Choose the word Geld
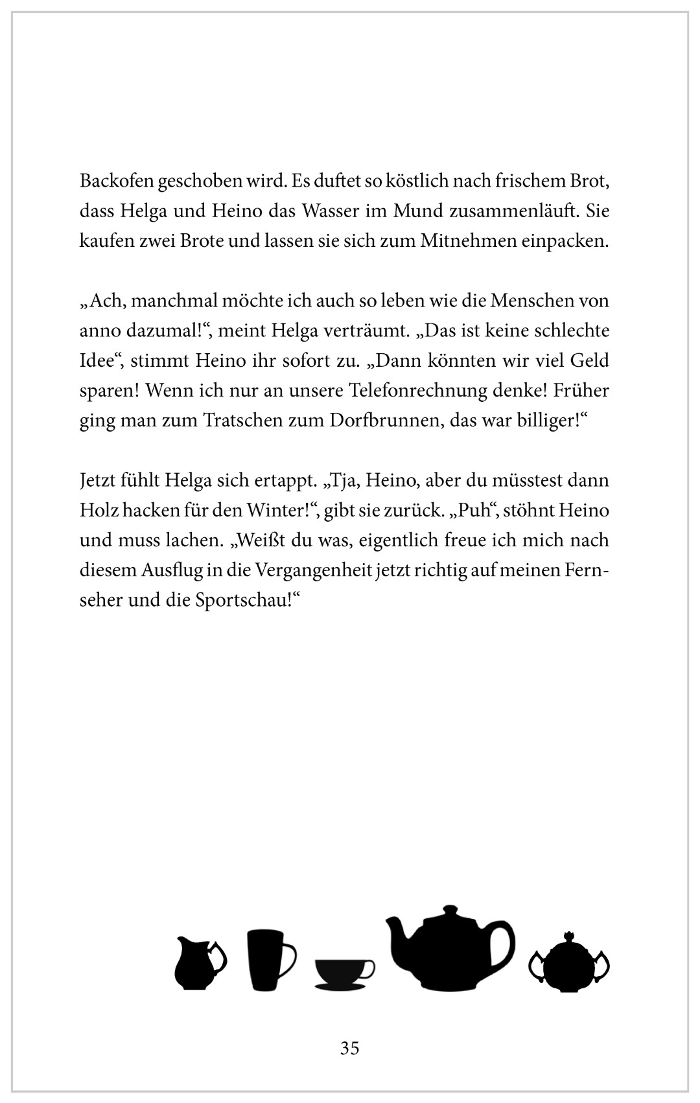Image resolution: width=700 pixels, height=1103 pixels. point(589,361)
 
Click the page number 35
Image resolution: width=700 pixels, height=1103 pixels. point(349,1048)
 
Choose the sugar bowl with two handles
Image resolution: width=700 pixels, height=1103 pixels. point(569,966)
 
